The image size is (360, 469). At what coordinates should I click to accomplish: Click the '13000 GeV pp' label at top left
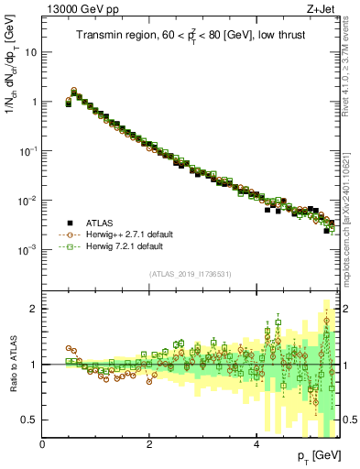[x=74, y=9]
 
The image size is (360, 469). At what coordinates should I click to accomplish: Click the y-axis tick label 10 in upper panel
[x=30, y=52]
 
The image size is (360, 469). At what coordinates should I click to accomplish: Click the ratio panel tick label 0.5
[x=29, y=420]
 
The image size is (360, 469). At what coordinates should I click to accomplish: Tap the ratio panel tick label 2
[x=33, y=309]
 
